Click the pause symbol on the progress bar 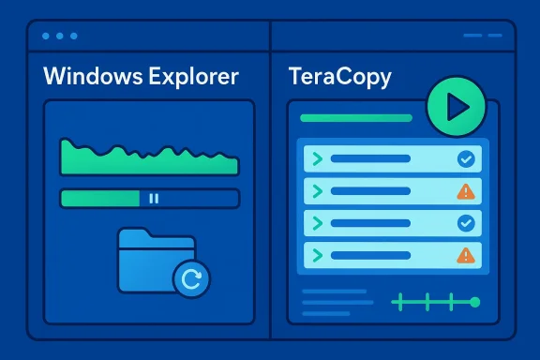coord(155,199)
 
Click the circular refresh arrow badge coord(192,277)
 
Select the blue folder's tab coord(139,235)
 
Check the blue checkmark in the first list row coord(465,160)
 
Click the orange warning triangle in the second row coord(465,192)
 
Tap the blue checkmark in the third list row coord(465,224)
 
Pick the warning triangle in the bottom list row coord(465,255)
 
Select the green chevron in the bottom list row coord(317,255)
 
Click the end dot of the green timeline coord(474,302)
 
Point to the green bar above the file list coord(355,119)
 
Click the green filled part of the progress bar coord(99,199)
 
